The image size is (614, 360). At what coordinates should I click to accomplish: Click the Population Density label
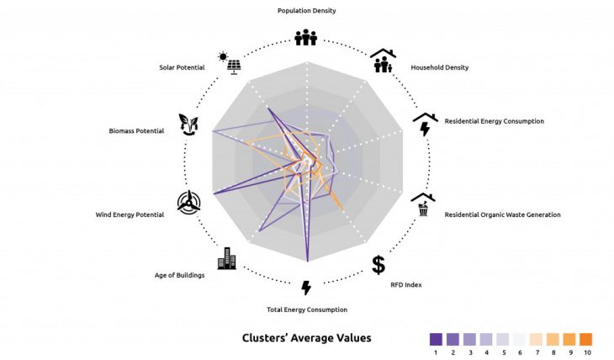[306, 11]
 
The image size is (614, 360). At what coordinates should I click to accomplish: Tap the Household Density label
[439, 67]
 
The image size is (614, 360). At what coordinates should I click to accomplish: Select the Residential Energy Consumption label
[494, 121]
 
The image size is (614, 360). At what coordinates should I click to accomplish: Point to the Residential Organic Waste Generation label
[502, 214]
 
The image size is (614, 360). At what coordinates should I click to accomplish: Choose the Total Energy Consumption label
[306, 310]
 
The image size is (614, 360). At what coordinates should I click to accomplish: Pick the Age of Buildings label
[179, 275]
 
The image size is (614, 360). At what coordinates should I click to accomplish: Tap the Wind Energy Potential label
[130, 214]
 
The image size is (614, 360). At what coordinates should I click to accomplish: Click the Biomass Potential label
[138, 131]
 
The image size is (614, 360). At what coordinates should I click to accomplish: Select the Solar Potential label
[183, 67]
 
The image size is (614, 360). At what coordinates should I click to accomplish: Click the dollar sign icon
[378, 264]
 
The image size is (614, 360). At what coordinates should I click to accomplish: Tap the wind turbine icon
[189, 202]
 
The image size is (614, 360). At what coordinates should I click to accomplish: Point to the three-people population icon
[306, 37]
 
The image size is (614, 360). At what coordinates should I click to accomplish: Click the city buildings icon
[227, 258]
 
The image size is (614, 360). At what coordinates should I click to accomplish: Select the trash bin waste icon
[423, 204]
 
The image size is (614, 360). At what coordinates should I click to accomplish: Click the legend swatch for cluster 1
[436, 339]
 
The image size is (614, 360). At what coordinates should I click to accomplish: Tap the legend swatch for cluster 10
[585, 339]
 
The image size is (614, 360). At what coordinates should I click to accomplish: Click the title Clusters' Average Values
[306, 338]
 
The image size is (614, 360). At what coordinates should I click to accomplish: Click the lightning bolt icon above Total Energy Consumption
[306, 288]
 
